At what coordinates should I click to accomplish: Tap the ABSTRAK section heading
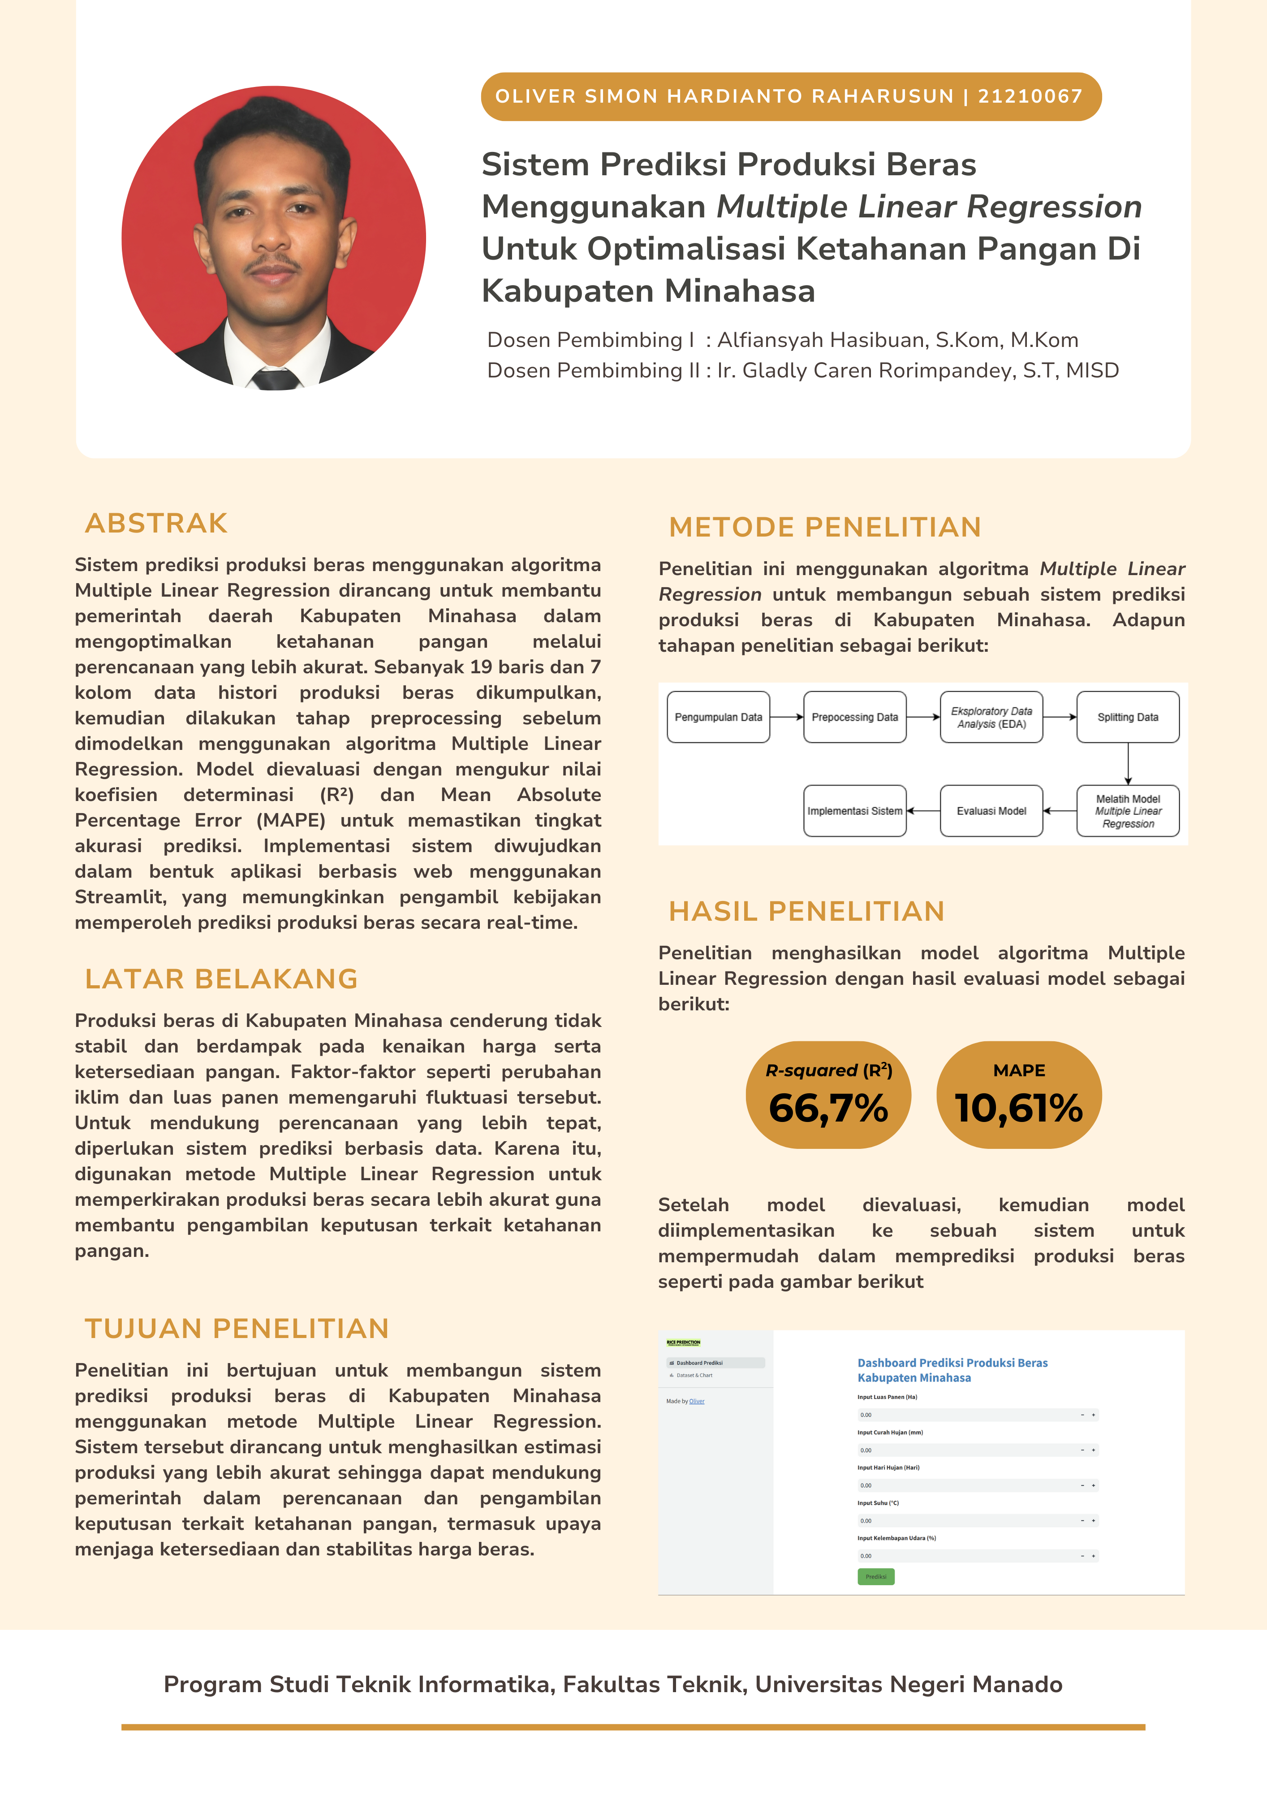[156, 523]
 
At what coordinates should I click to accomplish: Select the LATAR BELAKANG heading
[221, 979]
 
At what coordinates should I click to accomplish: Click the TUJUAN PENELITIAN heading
[237, 1328]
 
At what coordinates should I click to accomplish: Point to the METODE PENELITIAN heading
[824, 527]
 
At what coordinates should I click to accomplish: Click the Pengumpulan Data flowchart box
[718, 717]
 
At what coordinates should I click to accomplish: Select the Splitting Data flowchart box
[1127, 717]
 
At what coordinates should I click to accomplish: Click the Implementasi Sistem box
[855, 810]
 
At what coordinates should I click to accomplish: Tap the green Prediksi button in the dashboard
[876, 1576]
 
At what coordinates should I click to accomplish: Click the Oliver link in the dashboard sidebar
[696, 1401]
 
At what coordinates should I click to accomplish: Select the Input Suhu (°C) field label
[878, 1503]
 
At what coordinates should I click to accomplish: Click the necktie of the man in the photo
[275, 380]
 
